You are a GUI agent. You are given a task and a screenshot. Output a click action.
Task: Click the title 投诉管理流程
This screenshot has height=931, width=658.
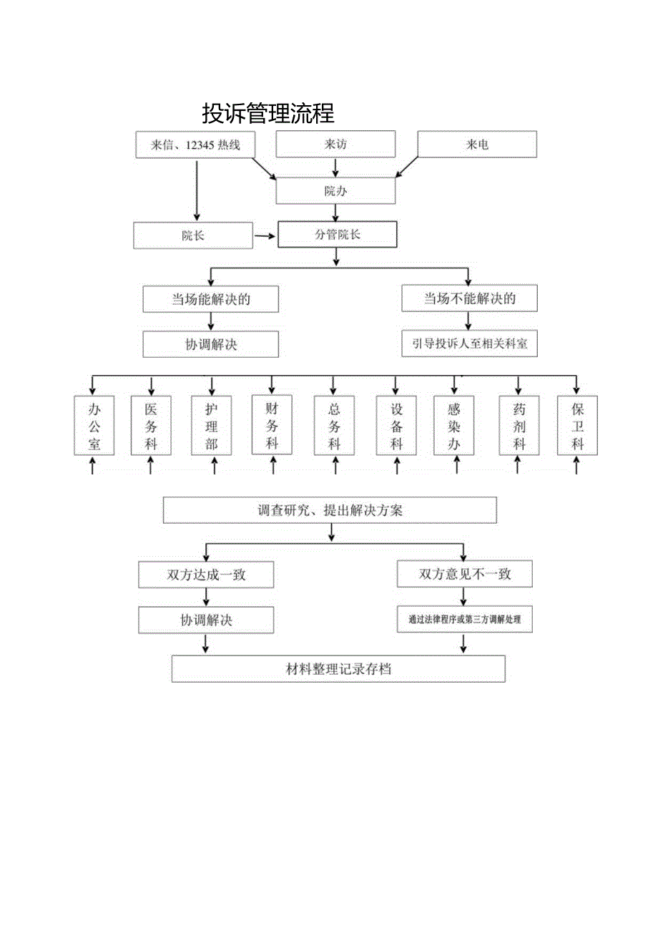268,113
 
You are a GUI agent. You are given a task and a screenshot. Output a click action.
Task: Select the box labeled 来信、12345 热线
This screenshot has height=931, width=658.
195,145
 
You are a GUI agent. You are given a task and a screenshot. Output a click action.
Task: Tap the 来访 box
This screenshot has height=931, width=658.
335,145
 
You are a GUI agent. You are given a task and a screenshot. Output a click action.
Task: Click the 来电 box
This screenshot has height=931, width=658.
477,145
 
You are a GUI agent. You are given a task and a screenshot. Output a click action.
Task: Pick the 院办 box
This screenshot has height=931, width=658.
335,191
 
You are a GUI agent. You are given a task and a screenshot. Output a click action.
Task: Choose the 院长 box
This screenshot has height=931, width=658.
193,235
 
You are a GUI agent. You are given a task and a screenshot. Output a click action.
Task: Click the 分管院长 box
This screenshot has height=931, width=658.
337,235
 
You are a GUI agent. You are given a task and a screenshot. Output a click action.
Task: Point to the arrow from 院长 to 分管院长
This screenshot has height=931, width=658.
265,235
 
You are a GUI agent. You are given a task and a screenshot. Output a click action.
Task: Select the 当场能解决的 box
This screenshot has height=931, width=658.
211,299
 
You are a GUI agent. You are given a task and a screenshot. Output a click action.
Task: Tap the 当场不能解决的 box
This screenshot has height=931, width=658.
469,298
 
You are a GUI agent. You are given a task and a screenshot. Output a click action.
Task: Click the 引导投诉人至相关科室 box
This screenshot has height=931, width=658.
469,343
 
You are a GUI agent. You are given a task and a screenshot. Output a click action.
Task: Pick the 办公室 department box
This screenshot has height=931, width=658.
94,426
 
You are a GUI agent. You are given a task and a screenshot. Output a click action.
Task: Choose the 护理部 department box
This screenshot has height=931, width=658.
212,426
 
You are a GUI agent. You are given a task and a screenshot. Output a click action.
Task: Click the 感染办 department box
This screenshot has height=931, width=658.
454,426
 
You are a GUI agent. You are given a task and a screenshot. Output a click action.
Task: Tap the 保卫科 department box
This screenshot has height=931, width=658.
578,426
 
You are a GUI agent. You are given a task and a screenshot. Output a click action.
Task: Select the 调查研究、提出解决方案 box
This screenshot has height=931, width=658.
330,511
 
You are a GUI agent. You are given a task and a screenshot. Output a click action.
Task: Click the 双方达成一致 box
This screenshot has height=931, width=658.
206,574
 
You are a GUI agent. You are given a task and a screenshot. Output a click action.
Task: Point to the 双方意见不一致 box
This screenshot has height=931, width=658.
465,574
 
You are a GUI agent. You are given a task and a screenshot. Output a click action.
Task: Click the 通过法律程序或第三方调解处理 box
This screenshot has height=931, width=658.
465,620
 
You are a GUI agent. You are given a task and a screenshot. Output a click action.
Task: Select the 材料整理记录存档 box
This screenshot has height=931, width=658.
338,669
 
